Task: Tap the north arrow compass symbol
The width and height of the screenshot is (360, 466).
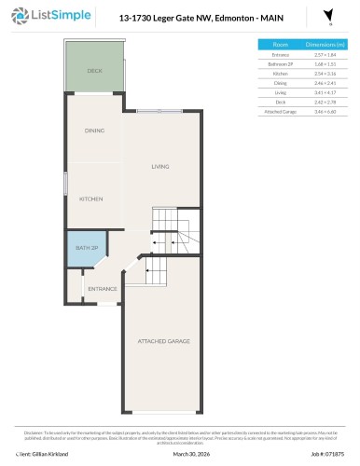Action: pyautogui.click(x=327, y=17)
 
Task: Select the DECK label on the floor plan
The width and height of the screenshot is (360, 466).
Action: pyautogui.click(x=93, y=71)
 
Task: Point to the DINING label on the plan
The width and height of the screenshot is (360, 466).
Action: pyautogui.click(x=93, y=130)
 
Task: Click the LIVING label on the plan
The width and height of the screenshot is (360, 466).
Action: pyautogui.click(x=160, y=167)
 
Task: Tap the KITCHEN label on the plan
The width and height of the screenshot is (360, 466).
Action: pyautogui.click(x=90, y=199)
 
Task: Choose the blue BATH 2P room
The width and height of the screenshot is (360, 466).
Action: pyautogui.click(x=86, y=250)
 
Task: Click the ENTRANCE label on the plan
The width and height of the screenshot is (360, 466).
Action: pyautogui.click(x=102, y=289)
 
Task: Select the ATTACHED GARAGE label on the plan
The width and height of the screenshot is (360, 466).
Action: pyautogui.click(x=164, y=341)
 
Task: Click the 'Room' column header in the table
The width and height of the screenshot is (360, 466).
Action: pyautogui.click(x=280, y=45)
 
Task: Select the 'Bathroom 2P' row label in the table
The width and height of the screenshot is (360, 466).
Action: pyautogui.click(x=280, y=64)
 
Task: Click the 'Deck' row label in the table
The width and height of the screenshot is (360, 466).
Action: pyautogui.click(x=280, y=102)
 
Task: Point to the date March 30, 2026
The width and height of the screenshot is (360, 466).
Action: pyautogui.click(x=179, y=454)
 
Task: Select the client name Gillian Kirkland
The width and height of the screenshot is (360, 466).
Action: pyautogui.click(x=34, y=454)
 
